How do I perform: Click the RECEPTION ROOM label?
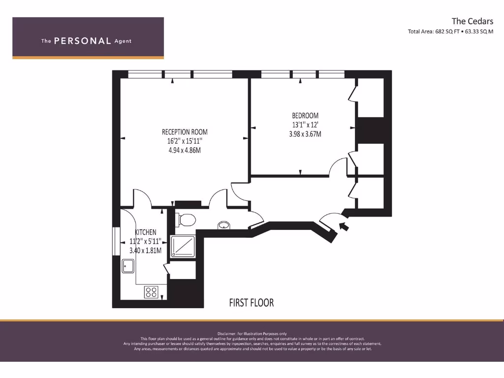(185, 132)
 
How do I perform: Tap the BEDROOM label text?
(305, 116)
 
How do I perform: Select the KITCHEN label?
(146, 232)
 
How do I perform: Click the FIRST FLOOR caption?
(251, 303)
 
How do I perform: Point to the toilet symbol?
(186, 219)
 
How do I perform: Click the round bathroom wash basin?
(224, 226)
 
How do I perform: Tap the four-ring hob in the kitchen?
(151, 292)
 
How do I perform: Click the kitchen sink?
(128, 266)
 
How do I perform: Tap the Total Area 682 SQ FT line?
(450, 32)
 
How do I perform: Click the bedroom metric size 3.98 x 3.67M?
(305, 134)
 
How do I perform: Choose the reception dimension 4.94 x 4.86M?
(185, 150)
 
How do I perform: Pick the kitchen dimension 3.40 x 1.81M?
(146, 251)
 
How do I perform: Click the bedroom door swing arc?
(339, 166)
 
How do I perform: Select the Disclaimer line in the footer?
(252, 334)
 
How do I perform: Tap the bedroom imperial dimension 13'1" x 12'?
(305, 125)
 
